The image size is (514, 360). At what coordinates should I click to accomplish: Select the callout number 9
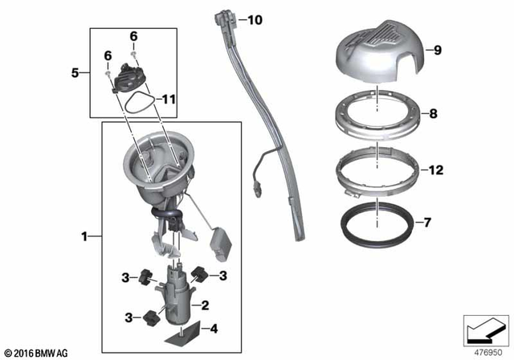437,51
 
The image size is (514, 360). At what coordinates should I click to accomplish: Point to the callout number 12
437,170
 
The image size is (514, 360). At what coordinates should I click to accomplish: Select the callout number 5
75,72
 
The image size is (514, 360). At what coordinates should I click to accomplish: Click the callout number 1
85,236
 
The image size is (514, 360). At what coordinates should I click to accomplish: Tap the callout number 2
206,305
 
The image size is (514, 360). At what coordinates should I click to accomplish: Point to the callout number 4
212,328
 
